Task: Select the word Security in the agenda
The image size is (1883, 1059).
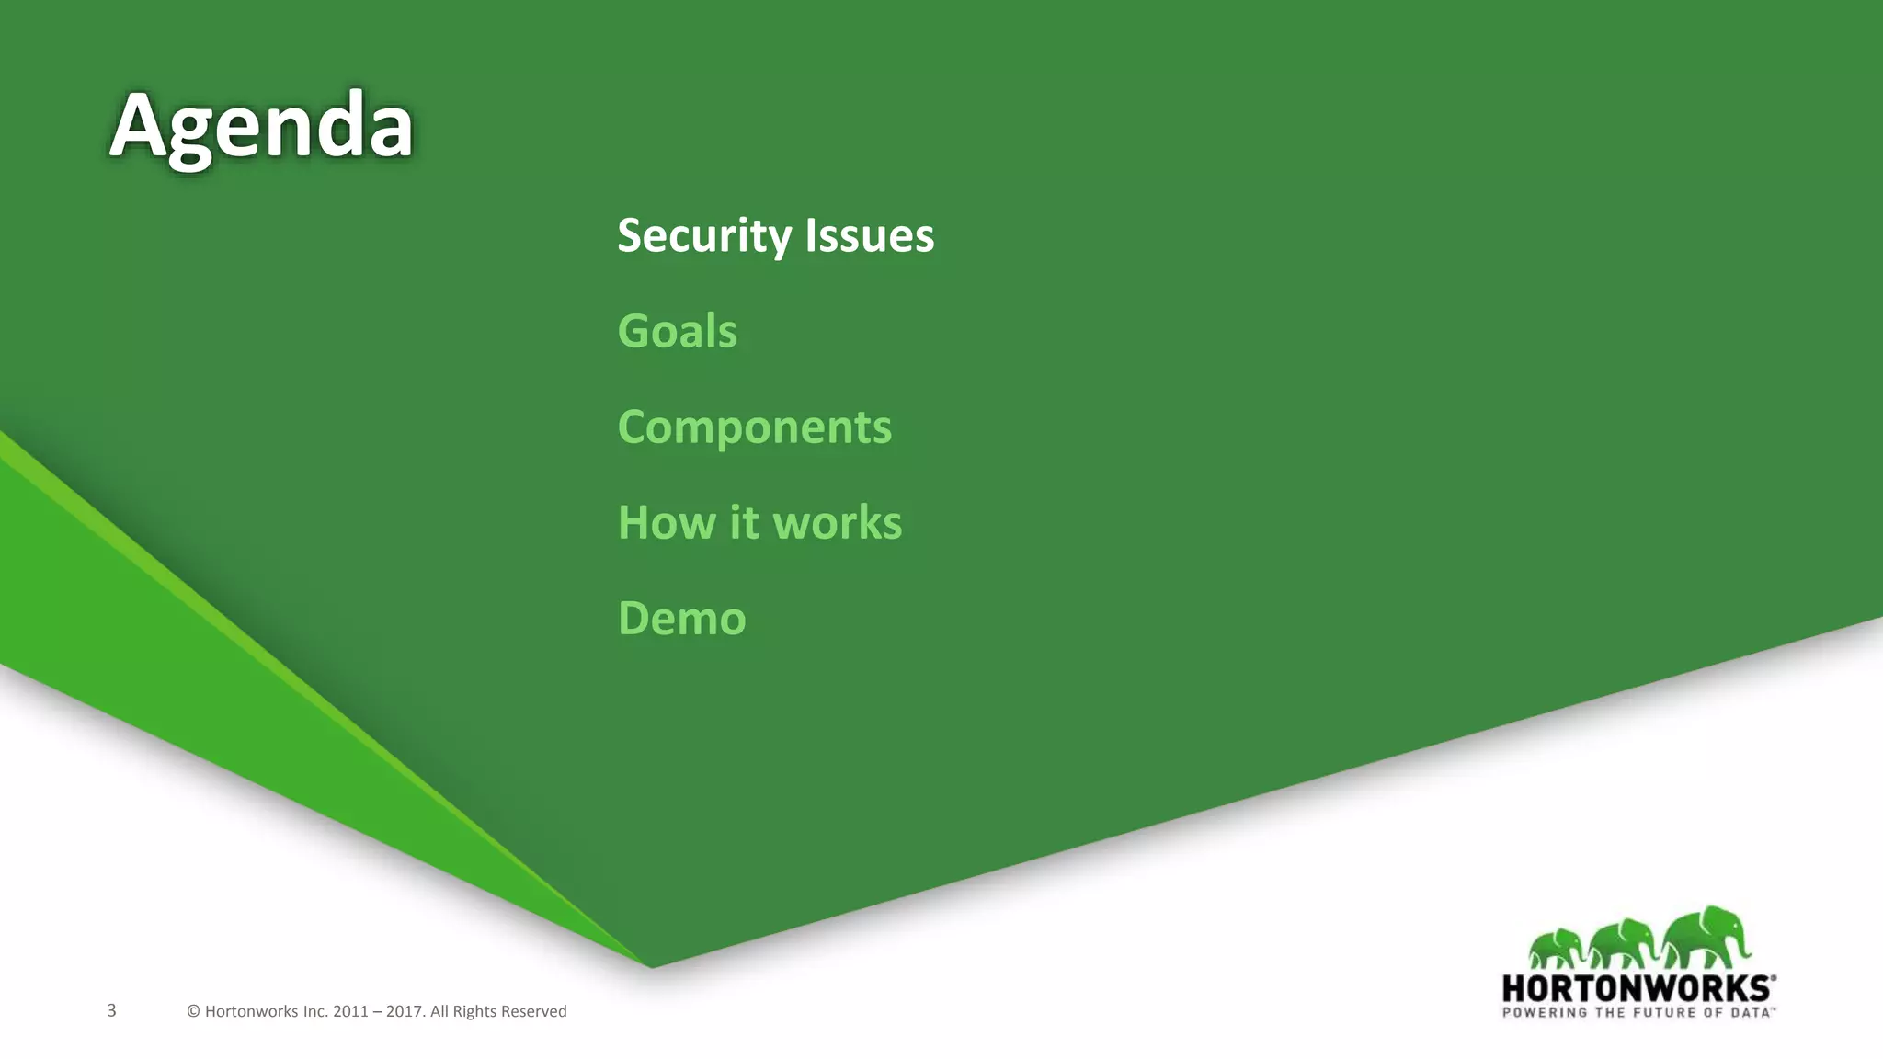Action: [703, 236]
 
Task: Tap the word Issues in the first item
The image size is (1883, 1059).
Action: [869, 236]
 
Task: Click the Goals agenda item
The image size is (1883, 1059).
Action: [677, 331]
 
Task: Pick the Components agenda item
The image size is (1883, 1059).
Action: [754, 427]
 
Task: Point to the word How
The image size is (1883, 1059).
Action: [666, 522]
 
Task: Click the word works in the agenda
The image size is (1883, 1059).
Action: [837, 522]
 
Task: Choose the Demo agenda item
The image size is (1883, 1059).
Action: [681, 618]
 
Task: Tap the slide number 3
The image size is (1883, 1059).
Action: [111, 1010]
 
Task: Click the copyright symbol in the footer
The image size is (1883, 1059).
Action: [193, 1011]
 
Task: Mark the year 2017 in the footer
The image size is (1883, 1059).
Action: [405, 1011]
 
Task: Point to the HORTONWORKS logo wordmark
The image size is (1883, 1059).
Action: [1637, 988]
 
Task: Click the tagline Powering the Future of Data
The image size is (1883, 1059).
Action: [1637, 1012]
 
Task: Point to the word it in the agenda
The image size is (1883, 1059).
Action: [744, 522]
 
